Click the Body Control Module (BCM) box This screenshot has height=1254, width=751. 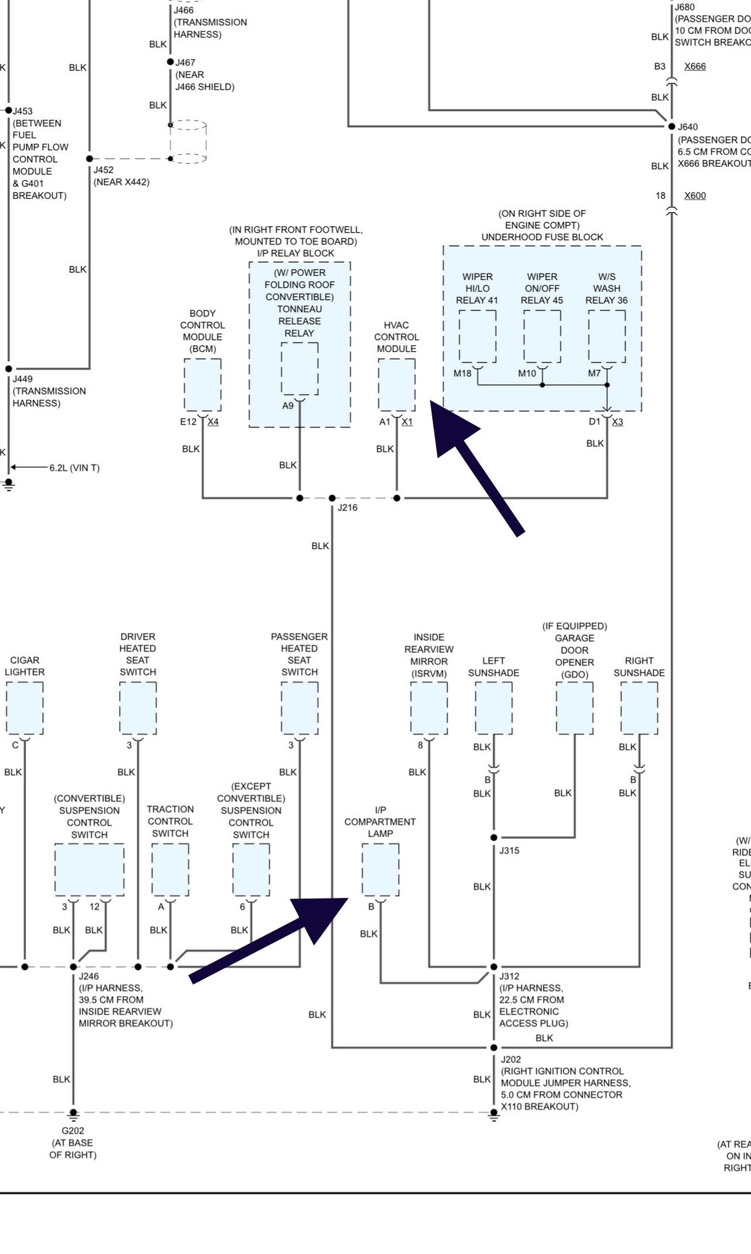click(x=203, y=385)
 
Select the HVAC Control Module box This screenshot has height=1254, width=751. click(x=397, y=385)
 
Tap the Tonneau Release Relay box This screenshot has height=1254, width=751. click(x=299, y=369)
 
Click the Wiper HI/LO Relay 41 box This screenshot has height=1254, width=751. click(x=477, y=336)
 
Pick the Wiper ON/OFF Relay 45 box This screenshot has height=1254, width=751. click(x=542, y=336)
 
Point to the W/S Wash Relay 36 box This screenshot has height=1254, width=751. click(x=607, y=336)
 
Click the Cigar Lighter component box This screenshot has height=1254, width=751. click(x=24, y=708)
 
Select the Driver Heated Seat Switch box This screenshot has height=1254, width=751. click(x=138, y=708)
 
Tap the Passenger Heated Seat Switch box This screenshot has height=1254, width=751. click(x=299, y=708)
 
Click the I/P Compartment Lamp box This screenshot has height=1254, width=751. click(x=380, y=870)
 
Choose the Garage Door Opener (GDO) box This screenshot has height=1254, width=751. click(x=575, y=708)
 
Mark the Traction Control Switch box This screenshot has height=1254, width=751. click(x=170, y=870)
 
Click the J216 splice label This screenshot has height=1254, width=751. click(x=348, y=508)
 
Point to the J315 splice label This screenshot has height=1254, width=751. click(x=509, y=851)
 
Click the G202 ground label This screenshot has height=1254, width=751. click(x=73, y=1131)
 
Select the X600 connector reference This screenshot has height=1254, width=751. click(x=695, y=196)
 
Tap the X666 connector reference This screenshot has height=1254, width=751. click(x=695, y=66)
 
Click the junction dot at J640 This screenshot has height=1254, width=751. click(x=672, y=126)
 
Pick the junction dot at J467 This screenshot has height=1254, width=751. click(x=170, y=62)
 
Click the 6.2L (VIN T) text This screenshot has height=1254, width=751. click(x=75, y=468)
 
